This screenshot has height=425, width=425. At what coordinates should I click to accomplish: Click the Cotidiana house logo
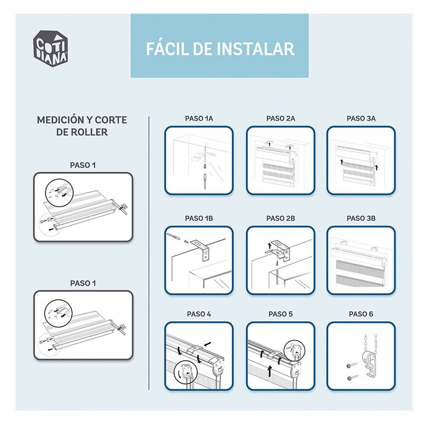click(x=50, y=48)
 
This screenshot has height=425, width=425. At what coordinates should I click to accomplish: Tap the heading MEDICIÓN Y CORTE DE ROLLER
click(x=82, y=126)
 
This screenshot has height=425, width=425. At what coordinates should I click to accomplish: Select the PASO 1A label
click(x=199, y=118)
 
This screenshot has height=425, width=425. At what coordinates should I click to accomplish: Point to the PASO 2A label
click(x=280, y=118)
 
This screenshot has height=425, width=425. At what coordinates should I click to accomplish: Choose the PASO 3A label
click(x=361, y=118)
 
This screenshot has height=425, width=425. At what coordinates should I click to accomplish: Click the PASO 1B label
click(x=199, y=218)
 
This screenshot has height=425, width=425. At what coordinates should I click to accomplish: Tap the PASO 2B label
click(x=280, y=218)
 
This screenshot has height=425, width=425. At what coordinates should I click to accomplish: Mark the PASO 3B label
click(x=361, y=218)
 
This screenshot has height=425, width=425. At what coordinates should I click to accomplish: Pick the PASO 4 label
click(x=199, y=314)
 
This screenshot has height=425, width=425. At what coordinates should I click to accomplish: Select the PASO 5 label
click(x=280, y=314)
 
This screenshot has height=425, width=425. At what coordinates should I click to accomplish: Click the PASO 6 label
click(x=361, y=314)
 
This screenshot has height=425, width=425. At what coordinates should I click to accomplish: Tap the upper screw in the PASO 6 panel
click(x=352, y=365)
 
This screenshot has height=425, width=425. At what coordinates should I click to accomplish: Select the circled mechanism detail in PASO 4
click(x=186, y=373)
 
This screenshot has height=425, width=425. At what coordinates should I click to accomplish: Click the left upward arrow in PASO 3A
click(x=342, y=163)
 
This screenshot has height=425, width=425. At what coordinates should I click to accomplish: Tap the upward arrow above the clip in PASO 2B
click(x=269, y=246)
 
